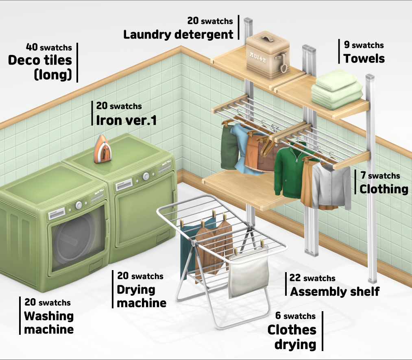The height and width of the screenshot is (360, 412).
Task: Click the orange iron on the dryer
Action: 102,150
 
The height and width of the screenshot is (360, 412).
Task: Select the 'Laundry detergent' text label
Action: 178,34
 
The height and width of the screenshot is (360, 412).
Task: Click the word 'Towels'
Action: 364,59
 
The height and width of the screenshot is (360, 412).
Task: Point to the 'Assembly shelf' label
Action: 335,291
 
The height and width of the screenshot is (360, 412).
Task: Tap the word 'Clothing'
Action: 384,189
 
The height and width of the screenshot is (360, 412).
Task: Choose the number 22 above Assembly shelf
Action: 295,278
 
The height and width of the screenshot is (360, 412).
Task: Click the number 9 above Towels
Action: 346,45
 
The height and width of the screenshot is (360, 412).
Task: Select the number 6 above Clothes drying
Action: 278,316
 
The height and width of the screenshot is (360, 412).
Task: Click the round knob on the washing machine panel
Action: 78,206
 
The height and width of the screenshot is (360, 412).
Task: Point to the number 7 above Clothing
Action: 363,175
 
